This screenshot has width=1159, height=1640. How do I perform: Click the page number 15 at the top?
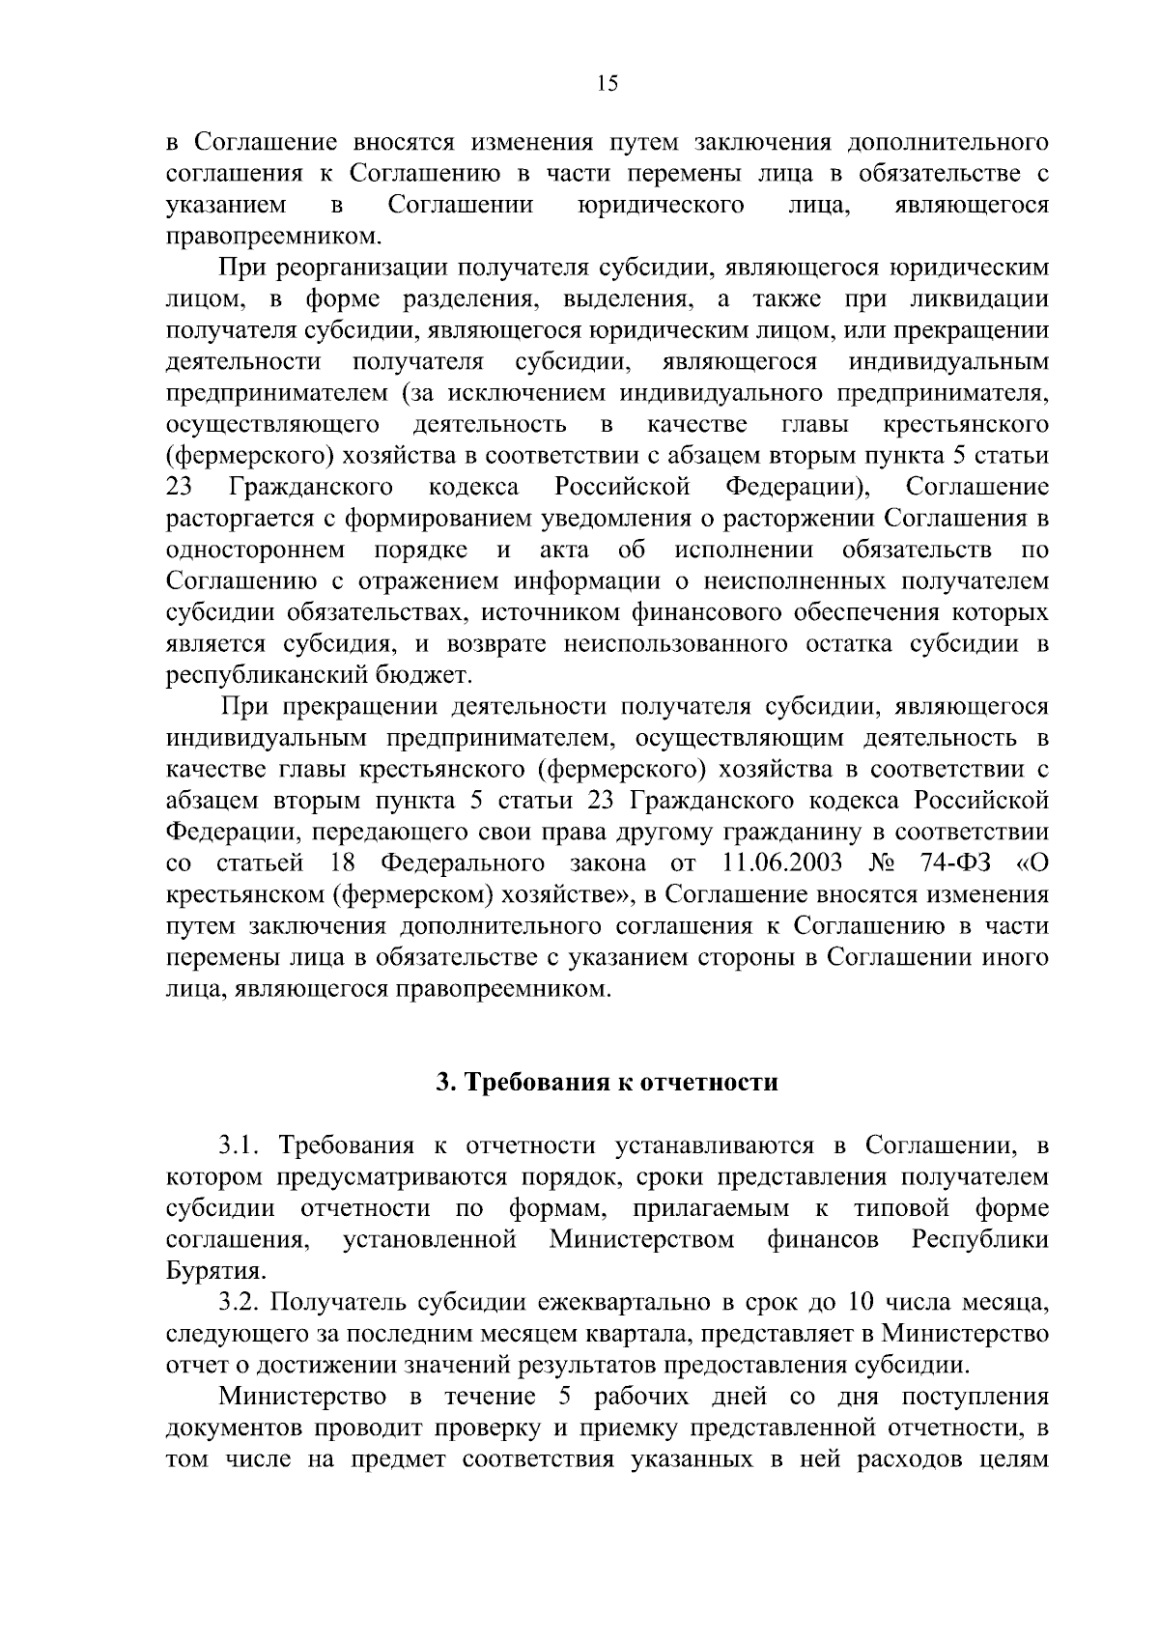(x=607, y=83)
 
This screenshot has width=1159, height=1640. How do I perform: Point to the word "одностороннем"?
(x=256, y=551)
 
